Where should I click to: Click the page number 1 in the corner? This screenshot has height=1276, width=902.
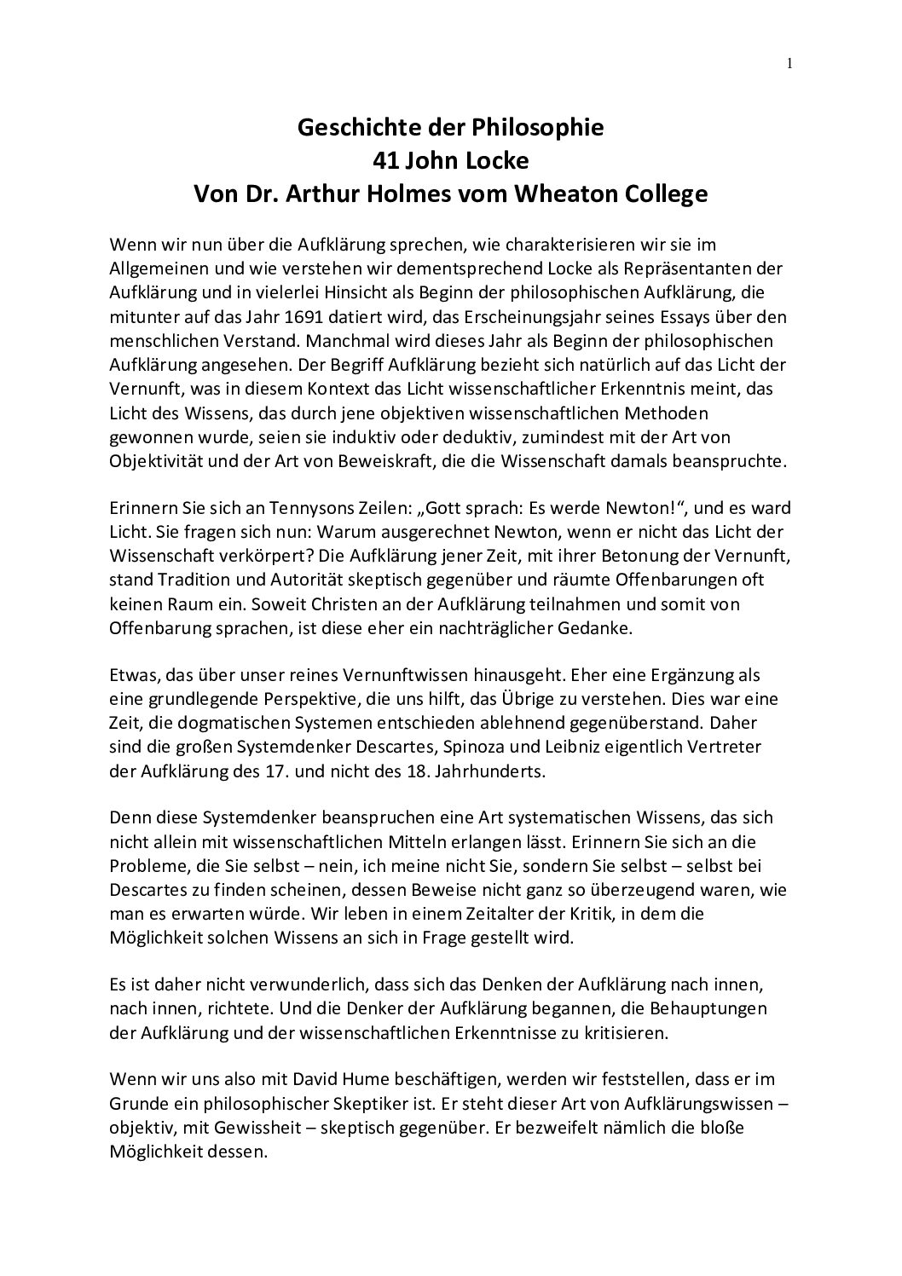tap(789, 63)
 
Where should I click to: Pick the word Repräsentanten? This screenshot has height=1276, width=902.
tap(670, 268)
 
